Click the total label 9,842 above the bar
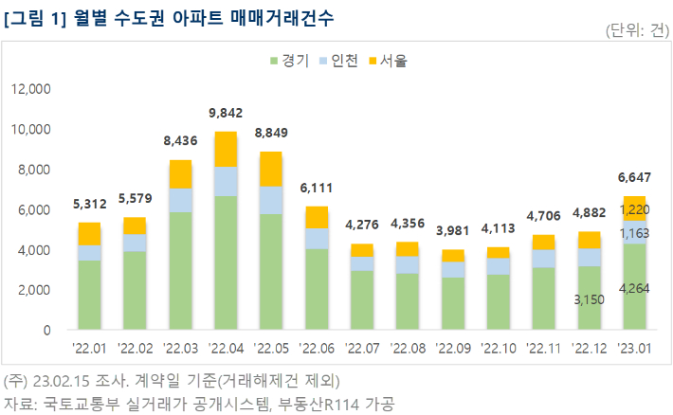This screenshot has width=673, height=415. coord(226,111)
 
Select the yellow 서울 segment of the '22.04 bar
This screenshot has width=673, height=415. coord(226,149)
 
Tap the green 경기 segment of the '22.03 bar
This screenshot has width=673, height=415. coord(180,271)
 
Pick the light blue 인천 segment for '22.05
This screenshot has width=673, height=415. coord(270,200)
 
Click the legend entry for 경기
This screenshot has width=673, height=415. coord(290,61)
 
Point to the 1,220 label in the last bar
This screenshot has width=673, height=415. coord(634,209)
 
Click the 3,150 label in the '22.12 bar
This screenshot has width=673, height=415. coord(589,300)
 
